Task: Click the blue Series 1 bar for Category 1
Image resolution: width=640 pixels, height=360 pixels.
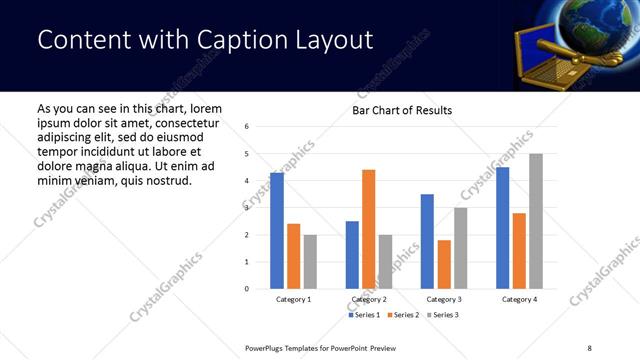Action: pyautogui.click(x=277, y=231)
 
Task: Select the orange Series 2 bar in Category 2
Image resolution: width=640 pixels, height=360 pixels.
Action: pyautogui.click(x=368, y=229)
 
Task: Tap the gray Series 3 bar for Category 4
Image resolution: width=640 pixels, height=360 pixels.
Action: pyautogui.click(x=536, y=221)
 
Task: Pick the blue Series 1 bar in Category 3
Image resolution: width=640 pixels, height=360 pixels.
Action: pyautogui.click(x=427, y=241)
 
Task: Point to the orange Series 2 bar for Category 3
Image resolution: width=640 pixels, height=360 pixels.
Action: pyautogui.click(x=444, y=264)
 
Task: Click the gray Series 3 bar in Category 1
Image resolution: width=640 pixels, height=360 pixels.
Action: pyautogui.click(x=310, y=262)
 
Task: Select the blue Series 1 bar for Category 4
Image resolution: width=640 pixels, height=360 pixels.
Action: pyautogui.click(x=503, y=228)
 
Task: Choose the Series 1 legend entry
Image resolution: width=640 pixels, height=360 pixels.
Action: pyautogui.click(x=364, y=315)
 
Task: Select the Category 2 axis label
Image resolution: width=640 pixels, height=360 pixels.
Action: pyautogui.click(x=367, y=300)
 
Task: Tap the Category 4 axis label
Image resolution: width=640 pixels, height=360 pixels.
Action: pyautogui.click(x=519, y=300)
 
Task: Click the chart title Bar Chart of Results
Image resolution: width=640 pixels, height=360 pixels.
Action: pyautogui.click(x=402, y=110)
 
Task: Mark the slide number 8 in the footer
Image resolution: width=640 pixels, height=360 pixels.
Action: pyautogui.click(x=589, y=346)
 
